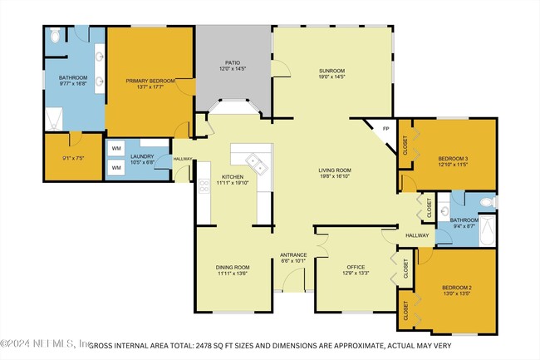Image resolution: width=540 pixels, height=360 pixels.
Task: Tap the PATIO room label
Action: (233, 63)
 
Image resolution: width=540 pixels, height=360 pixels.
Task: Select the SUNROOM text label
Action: (332, 71)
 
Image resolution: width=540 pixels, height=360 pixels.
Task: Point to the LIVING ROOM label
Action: (336, 171)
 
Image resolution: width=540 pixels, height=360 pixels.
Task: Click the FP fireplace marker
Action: (385, 129)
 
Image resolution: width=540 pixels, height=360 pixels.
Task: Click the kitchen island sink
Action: (258, 163)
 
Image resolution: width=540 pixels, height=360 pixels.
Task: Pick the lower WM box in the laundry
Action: (115, 168)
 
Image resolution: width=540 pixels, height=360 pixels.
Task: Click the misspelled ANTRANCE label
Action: (293, 255)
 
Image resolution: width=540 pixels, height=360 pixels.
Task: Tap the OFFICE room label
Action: (356, 267)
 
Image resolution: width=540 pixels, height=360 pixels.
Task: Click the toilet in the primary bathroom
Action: (54, 35)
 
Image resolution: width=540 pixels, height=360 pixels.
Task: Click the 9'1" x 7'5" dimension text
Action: (62, 160)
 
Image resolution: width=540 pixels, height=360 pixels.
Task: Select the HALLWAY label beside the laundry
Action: (183, 159)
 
